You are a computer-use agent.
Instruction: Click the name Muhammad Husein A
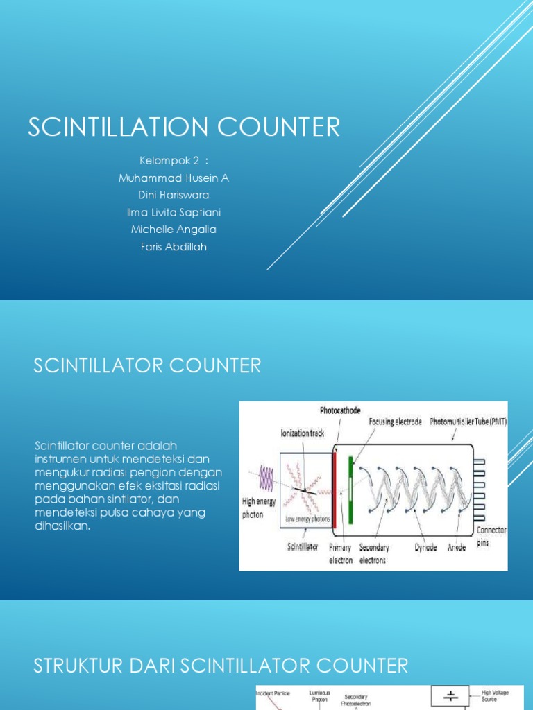(174, 178)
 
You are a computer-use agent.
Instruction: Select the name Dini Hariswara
(174, 195)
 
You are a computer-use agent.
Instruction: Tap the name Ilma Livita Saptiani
(174, 212)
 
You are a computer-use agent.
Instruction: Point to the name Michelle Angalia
(174, 230)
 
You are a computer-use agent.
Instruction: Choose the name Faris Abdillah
(174, 247)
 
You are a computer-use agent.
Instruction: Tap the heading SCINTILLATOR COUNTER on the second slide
(147, 366)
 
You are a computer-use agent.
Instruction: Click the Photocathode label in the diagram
(340, 410)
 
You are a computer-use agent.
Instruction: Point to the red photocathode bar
(336, 485)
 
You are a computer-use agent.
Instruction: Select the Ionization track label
(302, 433)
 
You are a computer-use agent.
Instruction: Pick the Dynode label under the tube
(426, 548)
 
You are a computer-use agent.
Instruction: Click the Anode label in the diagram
(457, 548)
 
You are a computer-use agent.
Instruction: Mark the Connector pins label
(491, 536)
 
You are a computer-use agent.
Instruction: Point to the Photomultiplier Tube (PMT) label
(468, 422)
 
